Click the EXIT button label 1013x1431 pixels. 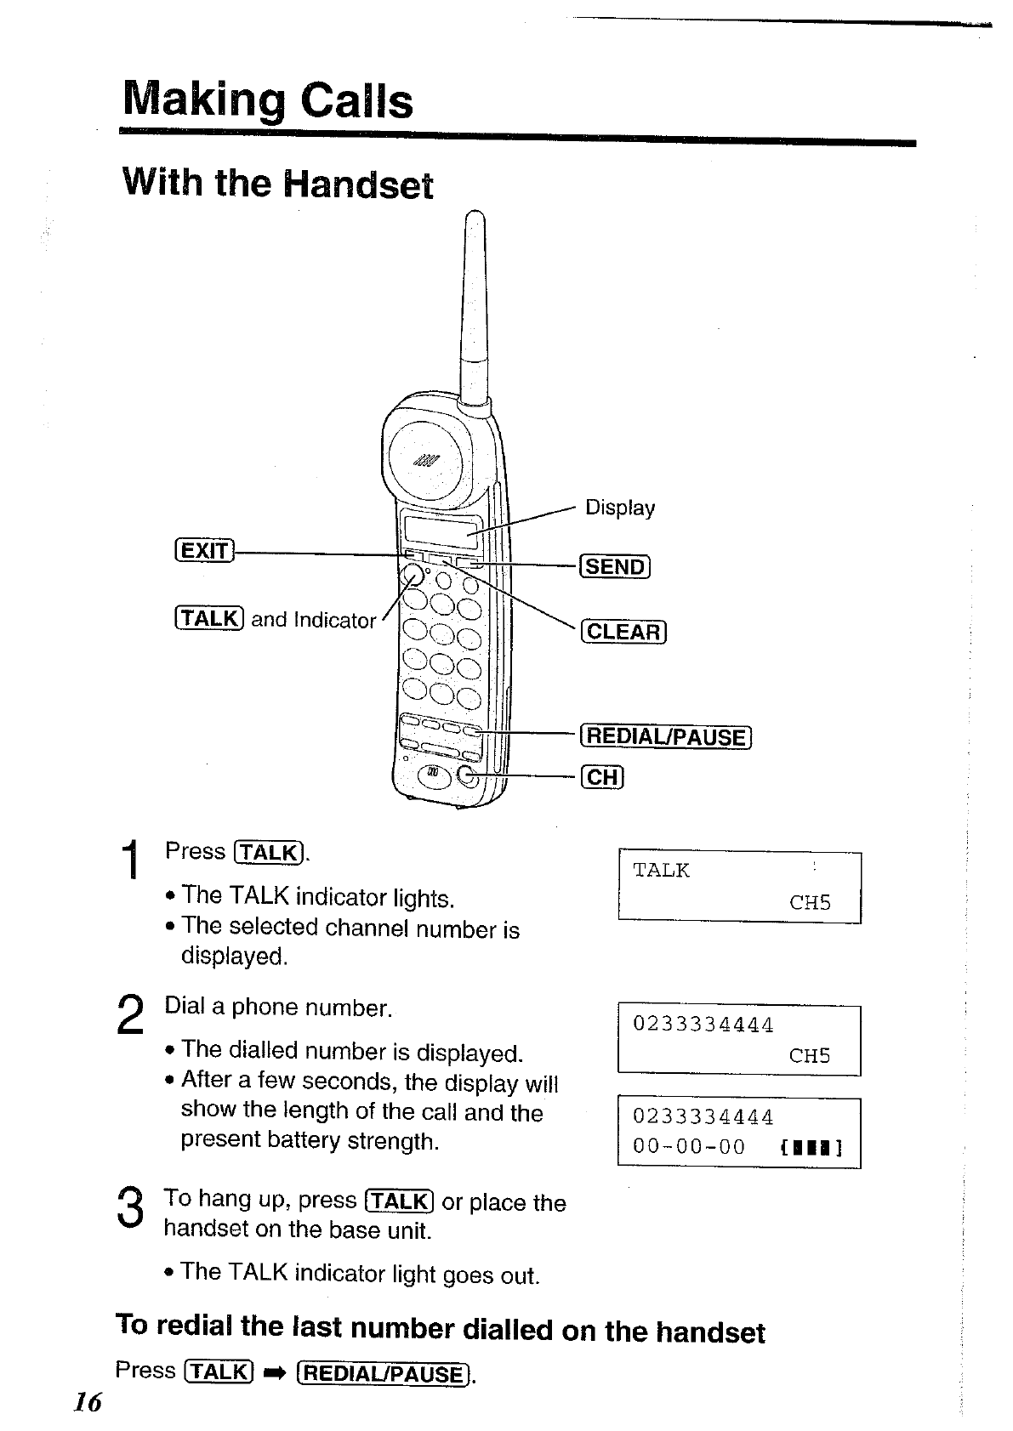point(204,551)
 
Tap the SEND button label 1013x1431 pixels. point(615,566)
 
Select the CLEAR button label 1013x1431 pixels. point(623,632)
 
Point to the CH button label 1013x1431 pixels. point(602,777)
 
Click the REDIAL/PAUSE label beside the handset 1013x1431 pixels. point(665,737)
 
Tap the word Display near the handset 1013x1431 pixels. point(620,508)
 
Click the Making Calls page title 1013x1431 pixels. point(267,101)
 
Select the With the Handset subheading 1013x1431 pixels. point(277,184)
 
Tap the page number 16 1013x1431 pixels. point(87,1401)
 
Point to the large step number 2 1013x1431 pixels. point(129,1014)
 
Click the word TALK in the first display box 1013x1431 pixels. point(661,871)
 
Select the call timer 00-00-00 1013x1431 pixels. point(689,1147)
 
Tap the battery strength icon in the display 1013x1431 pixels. point(811,1149)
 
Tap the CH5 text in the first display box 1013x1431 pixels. point(810,903)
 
